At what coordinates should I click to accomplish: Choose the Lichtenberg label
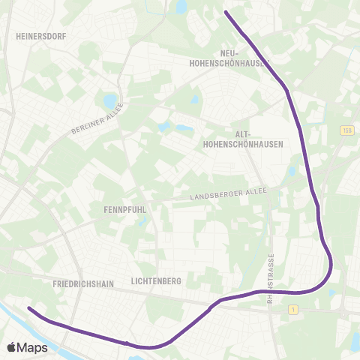click(157, 281)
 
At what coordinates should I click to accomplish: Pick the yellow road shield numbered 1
click(293, 309)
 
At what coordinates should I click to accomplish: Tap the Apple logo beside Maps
click(12, 347)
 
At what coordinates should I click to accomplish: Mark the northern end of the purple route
click(226, 11)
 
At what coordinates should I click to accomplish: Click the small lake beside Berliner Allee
click(111, 100)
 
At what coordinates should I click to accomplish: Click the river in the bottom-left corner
click(15, 315)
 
